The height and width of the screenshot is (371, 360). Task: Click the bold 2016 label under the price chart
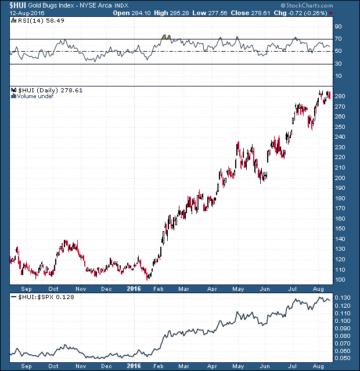(x=134, y=288)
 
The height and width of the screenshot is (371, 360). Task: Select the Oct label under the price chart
(x=53, y=288)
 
